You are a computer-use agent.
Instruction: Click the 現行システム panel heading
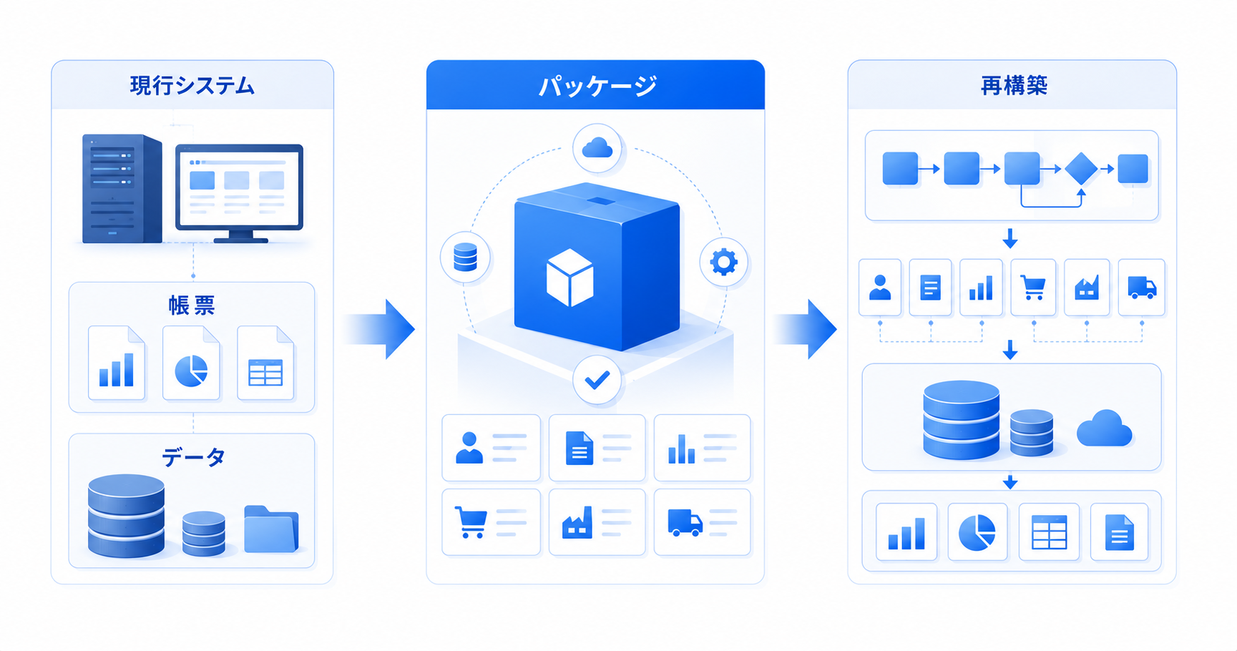[192, 86]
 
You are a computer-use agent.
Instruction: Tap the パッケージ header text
[597, 86]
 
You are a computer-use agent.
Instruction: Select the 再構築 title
[1013, 86]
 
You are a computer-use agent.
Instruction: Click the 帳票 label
[192, 305]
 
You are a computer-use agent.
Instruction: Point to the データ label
[193, 456]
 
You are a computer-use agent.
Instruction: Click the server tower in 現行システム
[122, 189]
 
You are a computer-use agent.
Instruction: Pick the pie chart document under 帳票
[191, 363]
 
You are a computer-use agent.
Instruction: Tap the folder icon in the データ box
[270, 529]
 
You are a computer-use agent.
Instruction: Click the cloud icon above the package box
[597, 149]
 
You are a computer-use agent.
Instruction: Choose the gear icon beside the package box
[723, 262]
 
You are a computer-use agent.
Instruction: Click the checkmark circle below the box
[597, 380]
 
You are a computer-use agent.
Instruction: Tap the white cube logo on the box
[569, 278]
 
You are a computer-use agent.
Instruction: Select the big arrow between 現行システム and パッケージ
[379, 329]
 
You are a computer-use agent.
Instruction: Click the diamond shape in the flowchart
[1080, 169]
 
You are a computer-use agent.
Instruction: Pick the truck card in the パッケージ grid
[702, 522]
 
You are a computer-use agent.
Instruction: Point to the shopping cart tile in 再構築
[1033, 288]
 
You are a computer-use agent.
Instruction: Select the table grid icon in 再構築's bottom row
[1049, 532]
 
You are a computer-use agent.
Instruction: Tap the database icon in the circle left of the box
[465, 257]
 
